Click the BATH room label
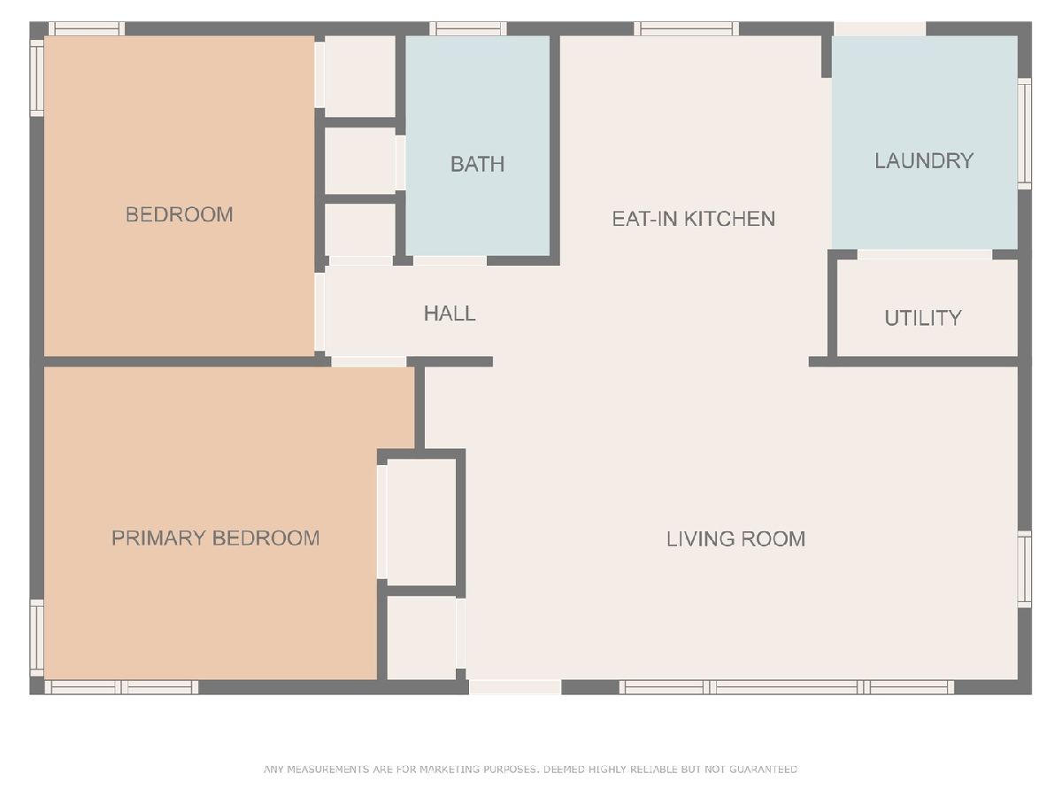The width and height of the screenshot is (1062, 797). pyautogui.click(x=478, y=165)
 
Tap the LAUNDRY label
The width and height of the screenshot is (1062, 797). pyautogui.click(x=924, y=161)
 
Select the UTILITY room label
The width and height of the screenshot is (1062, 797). pyautogui.click(x=923, y=319)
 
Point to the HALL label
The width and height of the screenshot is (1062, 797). pyautogui.click(x=450, y=313)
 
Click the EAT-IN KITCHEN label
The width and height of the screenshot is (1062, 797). pyautogui.click(x=693, y=219)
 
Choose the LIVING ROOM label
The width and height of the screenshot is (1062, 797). pyautogui.click(x=736, y=539)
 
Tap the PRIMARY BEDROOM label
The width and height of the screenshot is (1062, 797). pyautogui.click(x=215, y=538)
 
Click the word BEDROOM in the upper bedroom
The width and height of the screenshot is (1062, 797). pyautogui.click(x=179, y=215)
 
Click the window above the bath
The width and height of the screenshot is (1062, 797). pyautogui.click(x=468, y=29)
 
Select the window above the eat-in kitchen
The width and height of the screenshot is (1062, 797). pyautogui.click(x=687, y=29)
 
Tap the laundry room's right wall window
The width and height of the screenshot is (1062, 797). pyautogui.click(x=1024, y=134)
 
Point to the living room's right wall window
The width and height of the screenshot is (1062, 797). pyautogui.click(x=1024, y=569)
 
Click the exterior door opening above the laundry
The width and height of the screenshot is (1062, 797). pyautogui.click(x=880, y=29)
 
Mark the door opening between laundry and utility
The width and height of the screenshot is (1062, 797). pyautogui.click(x=925, y=254)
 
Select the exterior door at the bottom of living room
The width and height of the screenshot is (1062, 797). pyautogui.click(x=515, y=687)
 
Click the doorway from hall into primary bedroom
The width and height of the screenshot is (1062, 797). pyautogui.click(x=369, y=361)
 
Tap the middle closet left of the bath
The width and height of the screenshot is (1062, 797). pyautogui.click(x=360, y=160)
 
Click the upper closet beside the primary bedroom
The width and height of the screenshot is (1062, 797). pyautogui.click(x=422, y=522)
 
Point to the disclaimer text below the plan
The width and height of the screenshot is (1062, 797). pyautogui.click(x=530, y=769)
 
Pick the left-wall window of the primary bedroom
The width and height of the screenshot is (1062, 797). pyautogui.click(x=37, y=638)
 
